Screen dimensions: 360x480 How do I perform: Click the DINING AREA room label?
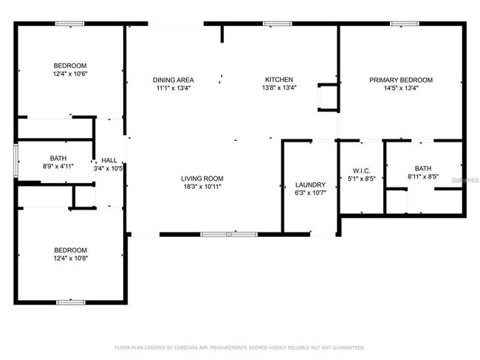tap(174, 80)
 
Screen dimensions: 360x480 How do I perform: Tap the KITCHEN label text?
tap(280, 80)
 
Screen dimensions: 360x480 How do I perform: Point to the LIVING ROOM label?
tap(202, 179)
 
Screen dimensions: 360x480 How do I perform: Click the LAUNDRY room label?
tap(310, 184)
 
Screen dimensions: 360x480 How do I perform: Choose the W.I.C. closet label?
tap(361, 170)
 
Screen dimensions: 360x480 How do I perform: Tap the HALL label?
tap(109, 160)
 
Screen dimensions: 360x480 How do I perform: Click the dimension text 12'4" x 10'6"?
tap(70, 74)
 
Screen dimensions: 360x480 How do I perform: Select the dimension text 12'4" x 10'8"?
tap(70, 258)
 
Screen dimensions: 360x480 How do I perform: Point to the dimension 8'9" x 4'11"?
tap(58, 167)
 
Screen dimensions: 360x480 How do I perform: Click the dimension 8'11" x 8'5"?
tap(423, 177)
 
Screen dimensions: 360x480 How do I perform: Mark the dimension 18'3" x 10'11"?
tap(202, 187)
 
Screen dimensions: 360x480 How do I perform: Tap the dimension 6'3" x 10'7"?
tap(310, 193)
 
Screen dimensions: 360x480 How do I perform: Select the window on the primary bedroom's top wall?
tap(401, 24)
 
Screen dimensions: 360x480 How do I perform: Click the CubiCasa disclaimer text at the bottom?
tap(239, 347)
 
